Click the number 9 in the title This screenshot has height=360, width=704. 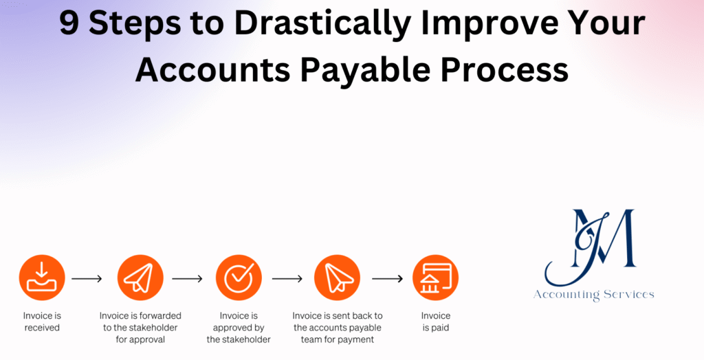69,24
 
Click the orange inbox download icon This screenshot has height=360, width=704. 42,278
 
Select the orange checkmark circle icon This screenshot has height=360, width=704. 239,278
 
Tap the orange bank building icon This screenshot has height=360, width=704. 435,278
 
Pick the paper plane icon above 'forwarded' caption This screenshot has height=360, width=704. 140,278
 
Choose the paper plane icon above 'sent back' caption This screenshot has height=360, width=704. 337,278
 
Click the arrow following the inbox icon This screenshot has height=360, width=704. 87,279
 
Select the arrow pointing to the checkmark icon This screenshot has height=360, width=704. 187,279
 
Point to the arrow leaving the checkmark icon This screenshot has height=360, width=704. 287,279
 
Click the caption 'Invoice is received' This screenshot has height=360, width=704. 42,322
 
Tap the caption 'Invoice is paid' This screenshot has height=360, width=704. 435,322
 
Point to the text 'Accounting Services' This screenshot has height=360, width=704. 594,295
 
